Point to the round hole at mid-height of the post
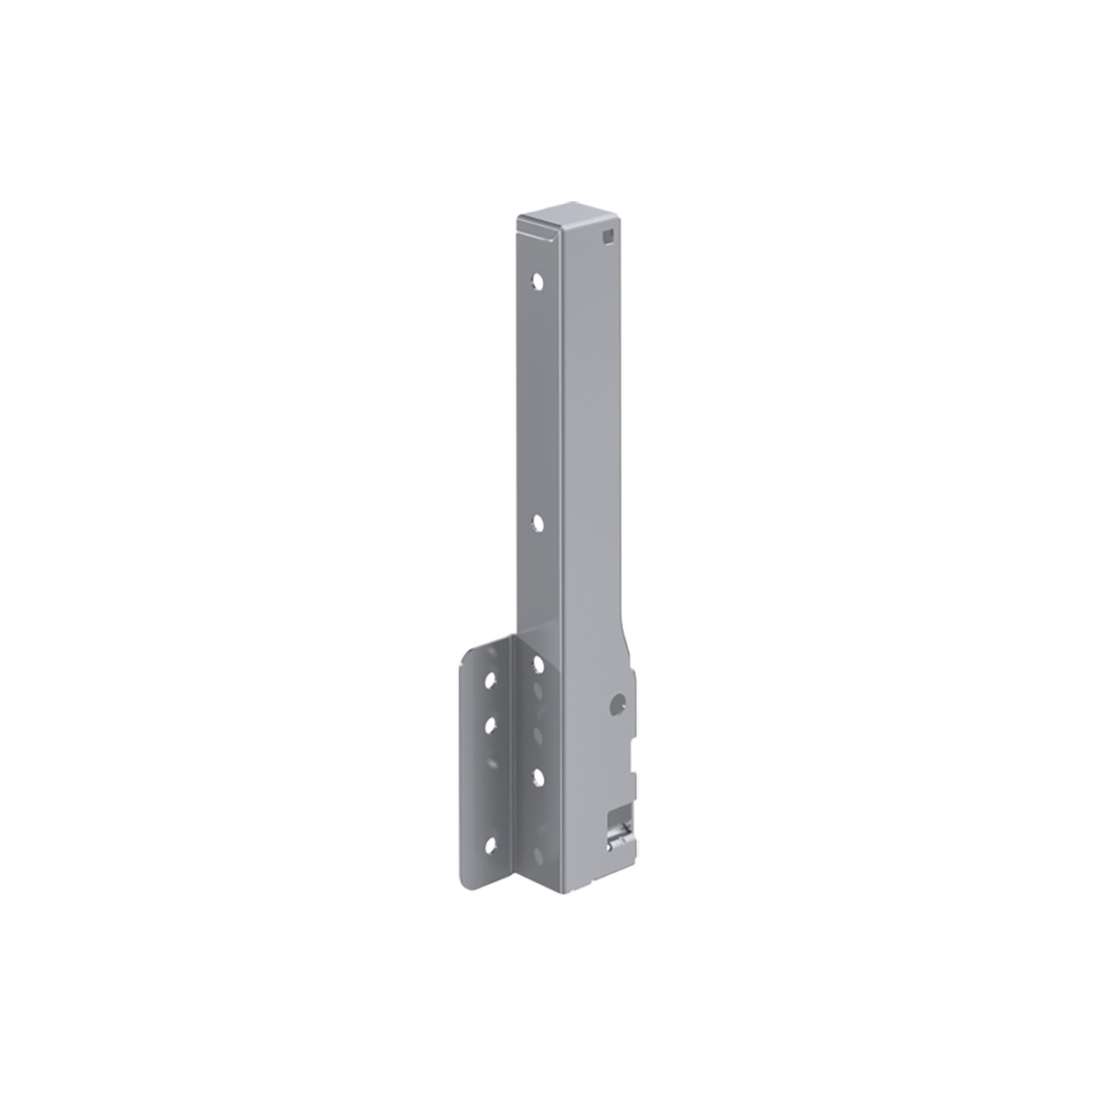(x=538, y=524)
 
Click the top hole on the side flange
(x=492, y=680)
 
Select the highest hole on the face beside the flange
(x=538, y=663)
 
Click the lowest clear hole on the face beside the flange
(x=538, y=775)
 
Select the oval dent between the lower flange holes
(x=538, y=736)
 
